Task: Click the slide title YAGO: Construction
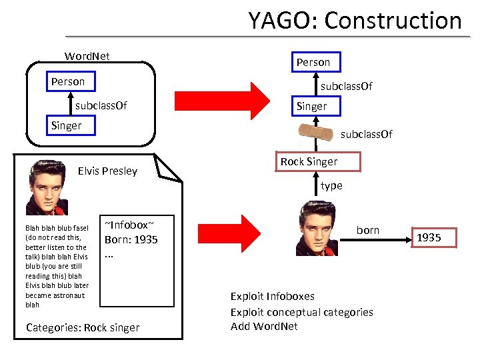pyautogui.click(x=355, y=21)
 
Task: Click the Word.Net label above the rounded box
pyautogui.click(x=87, y=56)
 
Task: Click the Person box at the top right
pyautogui.click(x=313, y=62)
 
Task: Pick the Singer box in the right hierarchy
pyautogui.click(x=312, y=106)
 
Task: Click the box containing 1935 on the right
pyautogui.click(x=429, y=237)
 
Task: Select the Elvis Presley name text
pyautogui.click(x=107, y=171)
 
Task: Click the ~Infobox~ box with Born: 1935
pyautogui.click(x=137, y=260)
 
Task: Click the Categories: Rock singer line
pyautogui.click(x=83, y=327)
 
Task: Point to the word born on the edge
pyautogui.click(x=367, y=230)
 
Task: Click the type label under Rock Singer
pyautogui.click(x=331, y=186)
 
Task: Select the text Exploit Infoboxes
pyautogui.click(x=272, y=296)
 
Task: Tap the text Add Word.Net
pyautogui.click(x=264, y=326)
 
